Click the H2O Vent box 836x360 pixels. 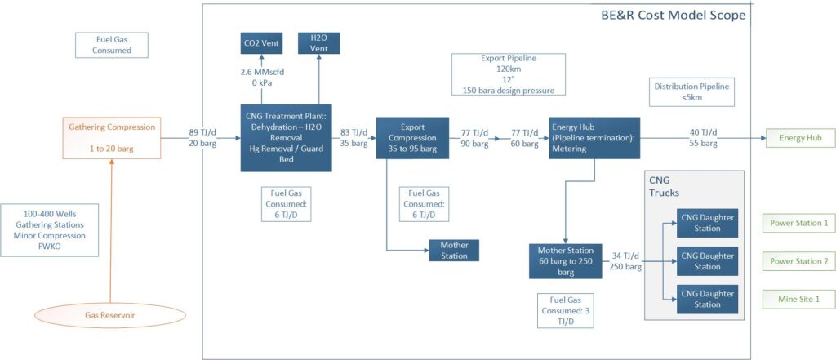318,42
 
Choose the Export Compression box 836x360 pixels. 412,137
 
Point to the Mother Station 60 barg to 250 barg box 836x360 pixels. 564,261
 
